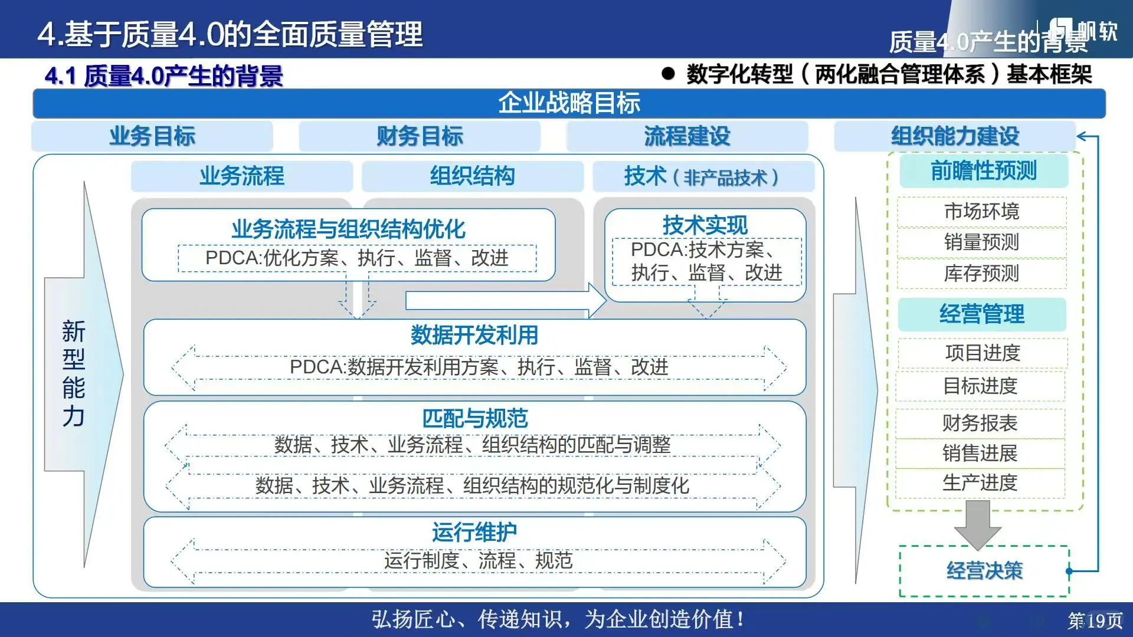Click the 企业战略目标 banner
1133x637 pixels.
[x=569, y=103]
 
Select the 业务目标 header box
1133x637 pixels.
[x=152, y=136]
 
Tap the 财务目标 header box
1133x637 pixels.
[x=420, y=136]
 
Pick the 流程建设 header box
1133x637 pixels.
[x=687, y=136]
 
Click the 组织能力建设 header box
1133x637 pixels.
[x=955, y=136]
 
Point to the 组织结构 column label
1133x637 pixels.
[x=472, y=176]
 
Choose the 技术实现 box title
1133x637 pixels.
[x=705, y=225]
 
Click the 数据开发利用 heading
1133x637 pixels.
[x=474, y=335]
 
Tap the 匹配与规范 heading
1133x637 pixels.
[x=474, y=418]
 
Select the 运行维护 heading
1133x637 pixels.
[x=474, y=532]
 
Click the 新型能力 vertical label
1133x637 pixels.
[x=74, y=374]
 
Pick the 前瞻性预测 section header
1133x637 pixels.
[x=984, y=171]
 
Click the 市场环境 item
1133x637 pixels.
[x=982, y=211]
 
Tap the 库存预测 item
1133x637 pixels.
[x=982, y=274]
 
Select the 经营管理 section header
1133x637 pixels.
[x=982, y=314]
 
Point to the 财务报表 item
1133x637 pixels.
[x=980, y=423]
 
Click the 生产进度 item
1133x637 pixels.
[x=980, y=483]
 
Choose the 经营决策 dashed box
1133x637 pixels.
[x=984, y=571]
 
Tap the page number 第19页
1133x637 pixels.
[x=1095, y=620]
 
